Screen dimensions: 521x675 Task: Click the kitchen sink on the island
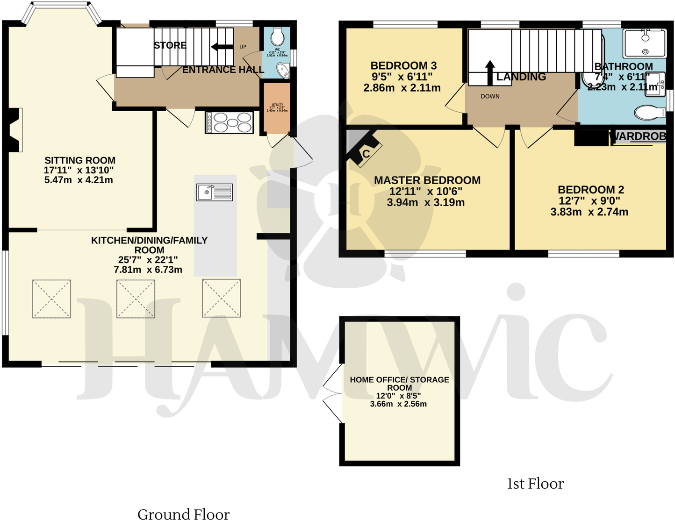pyautogui.click(x=215, y=192)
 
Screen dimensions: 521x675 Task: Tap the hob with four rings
pyautogui.click(x=230, y=122)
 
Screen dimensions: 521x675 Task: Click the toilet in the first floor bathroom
pyautogui.click(x=650, y=112)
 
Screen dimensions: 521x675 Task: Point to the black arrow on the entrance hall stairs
pyautogui.click(x=222, y=46)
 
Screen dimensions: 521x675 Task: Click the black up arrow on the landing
pyautogui.click(x=489, y=72)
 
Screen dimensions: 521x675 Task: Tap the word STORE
pyautogui.click(x=170, y=45)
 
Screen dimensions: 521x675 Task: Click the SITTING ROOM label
pyautogui.click(x=80, y=160)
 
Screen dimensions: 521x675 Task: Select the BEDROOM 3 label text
pyautogui.click(x=403, y=65)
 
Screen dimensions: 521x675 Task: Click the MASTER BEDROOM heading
pyautogui.click(x=427, y=180)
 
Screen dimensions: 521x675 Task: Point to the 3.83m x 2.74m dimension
pyautogui.click(x=589, y=212)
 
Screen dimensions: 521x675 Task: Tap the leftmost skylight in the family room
pyautogui.click(x=51, y=299)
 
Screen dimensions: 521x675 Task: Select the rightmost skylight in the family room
pyautogui.click(x=221, y=298)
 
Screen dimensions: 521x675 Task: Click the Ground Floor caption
pyautogui.click(x=183, y=514)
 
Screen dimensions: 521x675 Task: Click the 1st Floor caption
pyautogui.click(x=535, y=484)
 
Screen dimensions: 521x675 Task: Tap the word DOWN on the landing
pyautogui.click(x=490, y=96)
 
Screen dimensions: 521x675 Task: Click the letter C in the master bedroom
pyautogui.click(x=366, y=154)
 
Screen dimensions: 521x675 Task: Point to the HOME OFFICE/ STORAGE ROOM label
pyautogui.click(x=399, y=384)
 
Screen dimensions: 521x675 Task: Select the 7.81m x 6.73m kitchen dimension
pyautogui.click(x=148, y=270)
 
